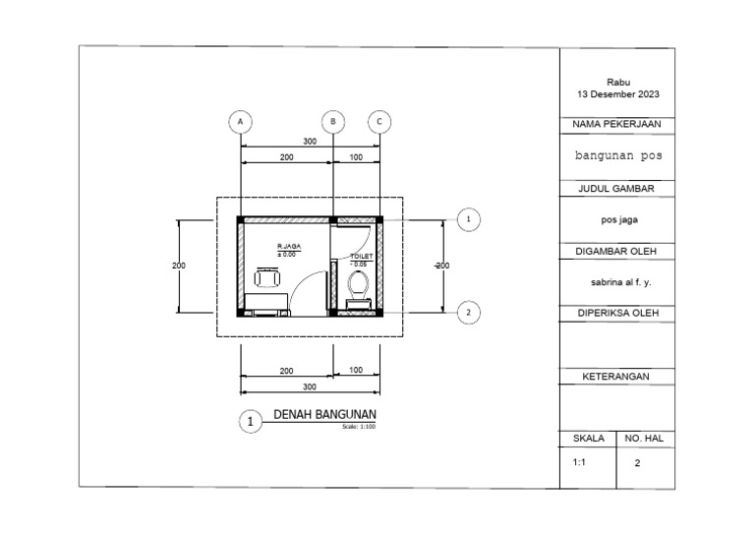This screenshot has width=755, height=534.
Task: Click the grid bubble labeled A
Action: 239,121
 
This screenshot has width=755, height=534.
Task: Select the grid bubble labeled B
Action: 334,121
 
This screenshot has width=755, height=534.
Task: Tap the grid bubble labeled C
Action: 380,121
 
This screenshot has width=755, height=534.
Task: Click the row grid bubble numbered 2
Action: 469,313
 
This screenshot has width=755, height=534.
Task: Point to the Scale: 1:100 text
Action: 359,427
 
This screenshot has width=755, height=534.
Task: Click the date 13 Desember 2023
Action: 617,94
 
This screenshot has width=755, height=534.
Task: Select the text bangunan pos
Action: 617,155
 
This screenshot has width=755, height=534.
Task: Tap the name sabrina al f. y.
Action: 617,281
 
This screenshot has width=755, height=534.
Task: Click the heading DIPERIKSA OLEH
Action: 617,313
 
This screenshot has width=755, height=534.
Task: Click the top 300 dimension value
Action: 310,142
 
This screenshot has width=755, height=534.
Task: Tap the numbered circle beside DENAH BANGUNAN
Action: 252,422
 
